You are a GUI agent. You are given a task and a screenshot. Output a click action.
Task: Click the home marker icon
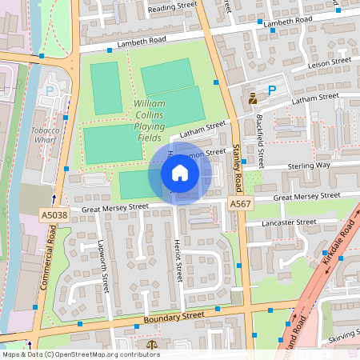point(180,173)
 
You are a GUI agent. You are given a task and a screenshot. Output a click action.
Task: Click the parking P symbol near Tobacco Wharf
point(50,91)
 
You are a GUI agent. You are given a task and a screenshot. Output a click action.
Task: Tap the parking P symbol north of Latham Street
point(271,91)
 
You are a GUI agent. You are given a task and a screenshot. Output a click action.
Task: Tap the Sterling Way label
point(308,166)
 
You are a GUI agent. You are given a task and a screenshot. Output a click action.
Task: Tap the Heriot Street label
point(179,260)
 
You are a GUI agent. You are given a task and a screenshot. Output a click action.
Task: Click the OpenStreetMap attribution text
point(81,354)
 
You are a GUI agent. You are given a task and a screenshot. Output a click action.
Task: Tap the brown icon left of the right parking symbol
point(254,98)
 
